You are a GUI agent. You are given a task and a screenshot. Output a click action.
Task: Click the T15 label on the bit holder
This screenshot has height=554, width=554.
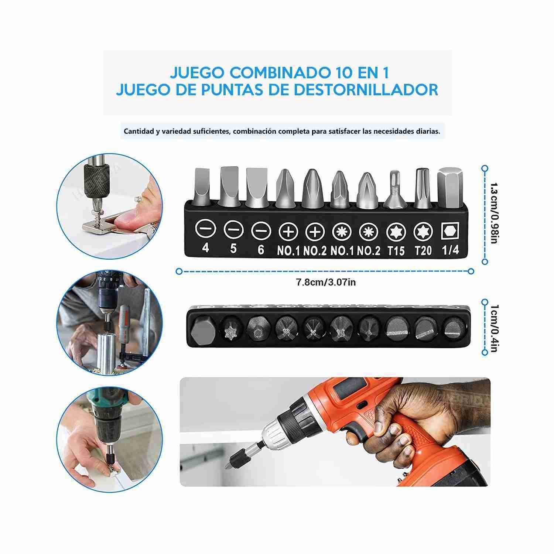[x=396, y=251]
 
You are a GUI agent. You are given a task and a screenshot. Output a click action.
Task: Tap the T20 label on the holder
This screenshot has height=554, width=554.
[x=423, y=251]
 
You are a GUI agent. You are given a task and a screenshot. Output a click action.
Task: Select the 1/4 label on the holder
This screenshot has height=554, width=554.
[x=450, y=250]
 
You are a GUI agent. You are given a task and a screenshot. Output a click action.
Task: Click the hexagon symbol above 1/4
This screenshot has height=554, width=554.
[x=450, y=232]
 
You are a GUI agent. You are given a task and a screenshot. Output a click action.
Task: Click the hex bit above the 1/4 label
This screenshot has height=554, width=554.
[x=449, y=187]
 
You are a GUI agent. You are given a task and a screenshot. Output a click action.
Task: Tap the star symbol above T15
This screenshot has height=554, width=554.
[x=396, y=232]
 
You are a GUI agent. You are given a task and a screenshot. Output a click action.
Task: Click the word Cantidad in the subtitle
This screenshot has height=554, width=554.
[x=137, y=131]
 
